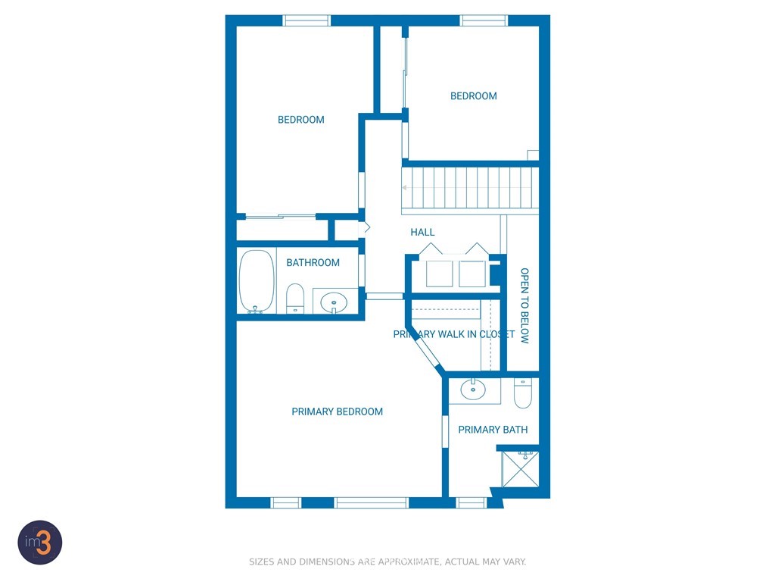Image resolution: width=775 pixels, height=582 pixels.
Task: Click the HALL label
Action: click(422, 232)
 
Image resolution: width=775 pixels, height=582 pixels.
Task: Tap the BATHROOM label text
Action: click(313, 263)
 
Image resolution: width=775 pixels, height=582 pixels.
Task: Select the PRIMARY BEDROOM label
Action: click(337, 411)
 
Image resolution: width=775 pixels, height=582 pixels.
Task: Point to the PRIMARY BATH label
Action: click(493, 430)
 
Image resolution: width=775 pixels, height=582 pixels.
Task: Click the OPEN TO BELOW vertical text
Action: click(525, 306)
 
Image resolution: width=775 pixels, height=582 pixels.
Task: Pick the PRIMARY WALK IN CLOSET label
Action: click(454, 334)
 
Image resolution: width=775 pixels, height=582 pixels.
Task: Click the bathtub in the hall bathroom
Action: click(257, 282)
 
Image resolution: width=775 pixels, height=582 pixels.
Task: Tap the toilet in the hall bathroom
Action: click(295, 299)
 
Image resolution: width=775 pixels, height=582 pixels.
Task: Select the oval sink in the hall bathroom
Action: click(334, 302)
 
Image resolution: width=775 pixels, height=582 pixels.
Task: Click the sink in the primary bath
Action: click(473, 390)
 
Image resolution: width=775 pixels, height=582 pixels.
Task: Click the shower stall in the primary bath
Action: click(520, 468)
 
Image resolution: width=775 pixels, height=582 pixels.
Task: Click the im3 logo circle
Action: click(40, 543)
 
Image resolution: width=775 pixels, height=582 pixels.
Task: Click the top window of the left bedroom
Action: click(306, 20)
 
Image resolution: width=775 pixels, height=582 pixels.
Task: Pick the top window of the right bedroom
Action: click(484, 20)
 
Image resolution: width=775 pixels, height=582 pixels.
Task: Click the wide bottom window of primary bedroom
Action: click(371, 503)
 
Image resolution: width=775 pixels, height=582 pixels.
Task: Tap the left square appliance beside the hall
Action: click(440, 274)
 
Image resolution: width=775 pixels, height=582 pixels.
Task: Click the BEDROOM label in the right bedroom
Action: click(474, 96)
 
